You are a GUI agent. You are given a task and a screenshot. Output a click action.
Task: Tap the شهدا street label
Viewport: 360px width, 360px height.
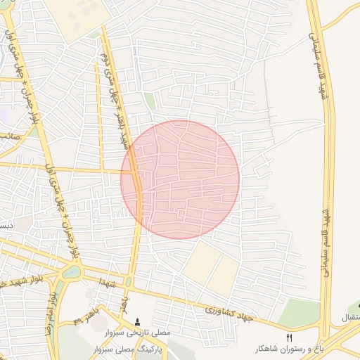[x=108, y=283]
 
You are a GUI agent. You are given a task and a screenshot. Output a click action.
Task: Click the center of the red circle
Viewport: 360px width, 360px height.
[x=180, y=179]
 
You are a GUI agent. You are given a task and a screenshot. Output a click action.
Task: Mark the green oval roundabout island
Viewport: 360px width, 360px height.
[x=70, y=271]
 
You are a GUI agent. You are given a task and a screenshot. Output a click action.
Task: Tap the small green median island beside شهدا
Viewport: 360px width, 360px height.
[x=128, y=282]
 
